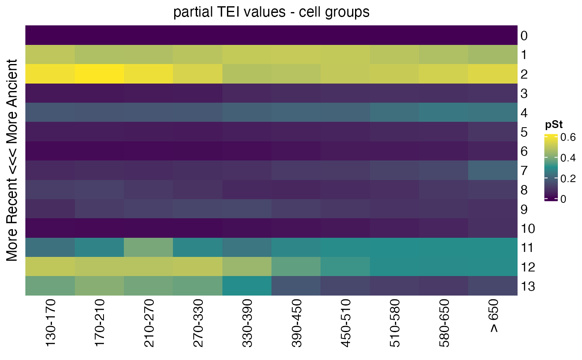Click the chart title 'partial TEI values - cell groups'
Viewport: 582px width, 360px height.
point(271,12)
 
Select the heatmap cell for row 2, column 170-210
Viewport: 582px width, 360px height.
point(99,74)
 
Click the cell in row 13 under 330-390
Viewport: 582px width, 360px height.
point(247,286)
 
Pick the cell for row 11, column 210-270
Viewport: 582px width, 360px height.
point(148,247)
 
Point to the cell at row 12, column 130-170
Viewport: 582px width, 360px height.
point(50,266)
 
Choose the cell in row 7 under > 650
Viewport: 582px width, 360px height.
point(493,170)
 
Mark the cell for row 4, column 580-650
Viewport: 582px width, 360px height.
point(444,112)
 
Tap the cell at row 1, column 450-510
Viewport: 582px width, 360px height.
point(345,54)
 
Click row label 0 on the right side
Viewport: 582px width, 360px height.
point(524,36)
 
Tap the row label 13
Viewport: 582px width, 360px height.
point(527,286)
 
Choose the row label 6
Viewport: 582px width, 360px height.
point(524,151)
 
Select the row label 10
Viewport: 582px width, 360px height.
point(527,229)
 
